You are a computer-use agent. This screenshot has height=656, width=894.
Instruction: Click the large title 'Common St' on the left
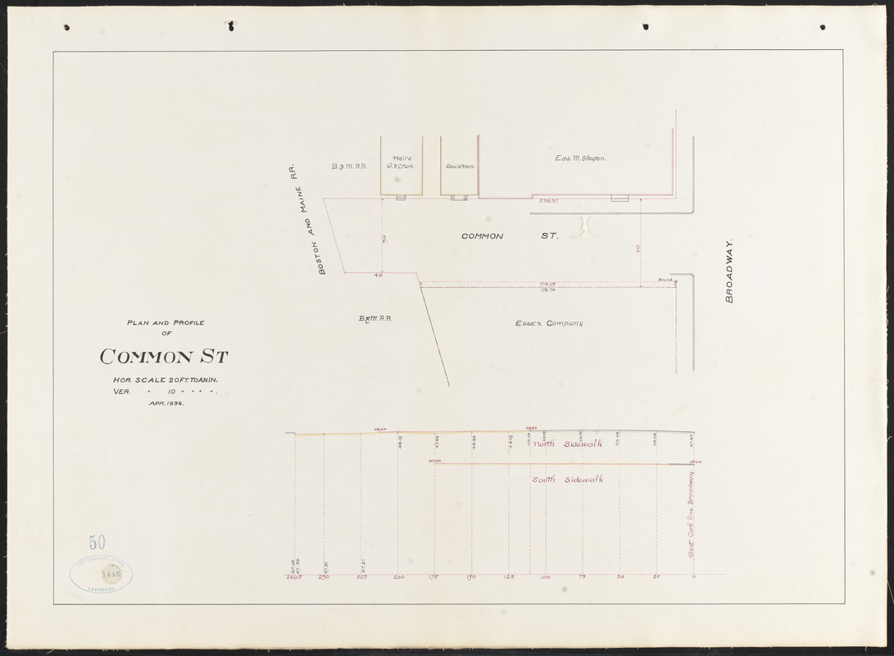coord(164,357)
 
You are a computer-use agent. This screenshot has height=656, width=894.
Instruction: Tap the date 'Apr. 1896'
coord(165,404)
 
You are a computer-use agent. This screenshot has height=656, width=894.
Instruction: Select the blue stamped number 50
coord(98,542)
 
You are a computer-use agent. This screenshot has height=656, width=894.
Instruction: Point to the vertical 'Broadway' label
coord(728,271)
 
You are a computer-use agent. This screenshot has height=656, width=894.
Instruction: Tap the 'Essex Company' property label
coord(548,324)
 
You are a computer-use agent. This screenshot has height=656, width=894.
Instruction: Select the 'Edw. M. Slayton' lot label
coord(579,158)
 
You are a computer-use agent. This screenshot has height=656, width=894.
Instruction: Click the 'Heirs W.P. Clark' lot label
coord(401,162)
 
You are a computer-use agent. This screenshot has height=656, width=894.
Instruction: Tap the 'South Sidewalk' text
coord(574,479)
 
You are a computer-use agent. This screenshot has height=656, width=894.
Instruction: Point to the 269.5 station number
coord(295,578)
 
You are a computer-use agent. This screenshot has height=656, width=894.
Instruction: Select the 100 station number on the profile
coord(545,578)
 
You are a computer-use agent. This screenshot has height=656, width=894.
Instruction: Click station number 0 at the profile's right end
coord(693,578)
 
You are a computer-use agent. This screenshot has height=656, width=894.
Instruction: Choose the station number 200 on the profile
coord(398,578)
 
